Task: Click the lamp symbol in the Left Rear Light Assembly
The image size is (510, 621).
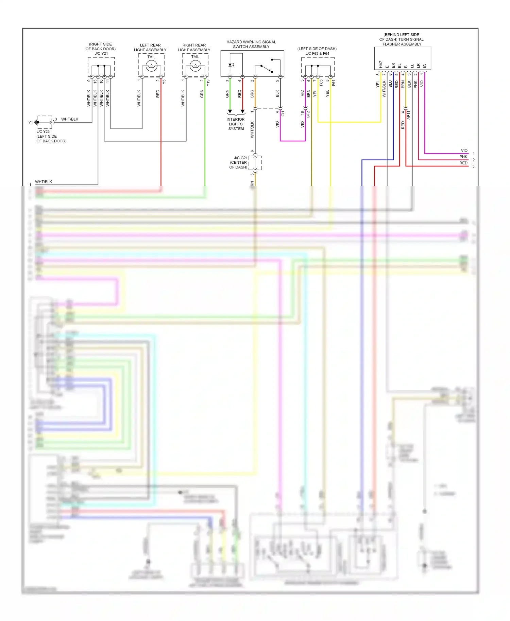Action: point(151,66)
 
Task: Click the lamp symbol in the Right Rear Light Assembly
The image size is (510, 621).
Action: point(195,66)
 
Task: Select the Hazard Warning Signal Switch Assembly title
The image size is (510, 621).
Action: point(251,45)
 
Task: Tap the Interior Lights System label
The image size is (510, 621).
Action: point(236,124)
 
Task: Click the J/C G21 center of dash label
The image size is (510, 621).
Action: point(239,162)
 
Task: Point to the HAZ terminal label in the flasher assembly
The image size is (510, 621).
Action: point(381,65)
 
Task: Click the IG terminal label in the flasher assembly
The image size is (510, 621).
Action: point(425,66)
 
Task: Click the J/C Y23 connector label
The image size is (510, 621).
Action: point(43,131)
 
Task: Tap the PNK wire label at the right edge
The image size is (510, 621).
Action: point(463,157)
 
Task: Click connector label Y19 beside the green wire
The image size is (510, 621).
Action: point(208,82)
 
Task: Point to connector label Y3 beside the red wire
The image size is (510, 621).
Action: point(164,82)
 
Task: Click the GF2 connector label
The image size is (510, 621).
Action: point(308,114)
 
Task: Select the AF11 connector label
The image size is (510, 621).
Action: point(409,115)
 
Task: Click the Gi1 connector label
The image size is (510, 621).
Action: point(283,113)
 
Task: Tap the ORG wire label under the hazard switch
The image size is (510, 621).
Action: point(252,94)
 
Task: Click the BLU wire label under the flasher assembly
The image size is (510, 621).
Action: point(390,84)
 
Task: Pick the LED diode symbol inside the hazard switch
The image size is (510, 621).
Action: point(231,65)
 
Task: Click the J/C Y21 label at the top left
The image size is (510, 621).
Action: point(101,53)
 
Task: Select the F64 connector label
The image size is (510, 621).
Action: point(334,83)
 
